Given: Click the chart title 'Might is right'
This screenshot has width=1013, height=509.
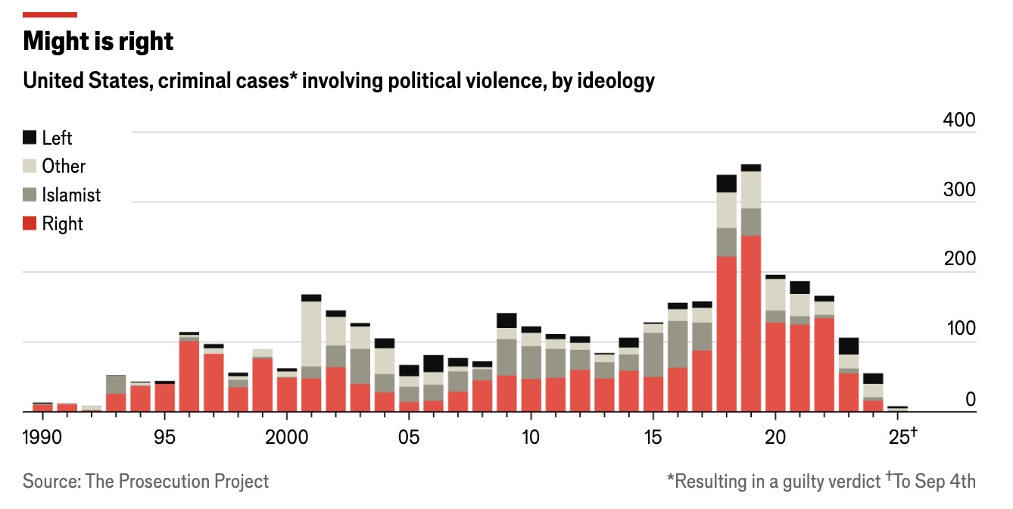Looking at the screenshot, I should (98, 42).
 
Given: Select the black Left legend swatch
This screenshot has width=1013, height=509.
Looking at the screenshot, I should (30, 138).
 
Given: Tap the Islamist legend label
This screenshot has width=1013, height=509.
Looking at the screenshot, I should (71, 195).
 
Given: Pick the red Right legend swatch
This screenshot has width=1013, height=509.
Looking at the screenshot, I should (30, 224).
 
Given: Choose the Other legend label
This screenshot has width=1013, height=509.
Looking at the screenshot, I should (64, 167).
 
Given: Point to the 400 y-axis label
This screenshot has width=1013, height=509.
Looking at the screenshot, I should (959, 121).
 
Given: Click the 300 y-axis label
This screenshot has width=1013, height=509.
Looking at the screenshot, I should (959, 190).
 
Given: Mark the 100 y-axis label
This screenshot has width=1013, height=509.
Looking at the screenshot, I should (959, 329).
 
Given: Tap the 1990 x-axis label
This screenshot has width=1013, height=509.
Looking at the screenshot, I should (43, 438).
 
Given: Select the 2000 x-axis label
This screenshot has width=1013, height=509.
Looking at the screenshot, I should (287, 438).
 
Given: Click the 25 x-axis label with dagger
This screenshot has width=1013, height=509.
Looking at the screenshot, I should (902, 438).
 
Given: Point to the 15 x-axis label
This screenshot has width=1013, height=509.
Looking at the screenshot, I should (653, 438).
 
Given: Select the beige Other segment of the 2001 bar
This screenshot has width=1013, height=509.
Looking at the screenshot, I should (311, 334).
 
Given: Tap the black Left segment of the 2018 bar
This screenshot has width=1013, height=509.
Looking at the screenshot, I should (727, 183).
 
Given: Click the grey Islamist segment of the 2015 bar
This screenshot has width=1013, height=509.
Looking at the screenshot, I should (653, 354).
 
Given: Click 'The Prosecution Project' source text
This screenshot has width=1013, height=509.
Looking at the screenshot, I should (177, 481).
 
